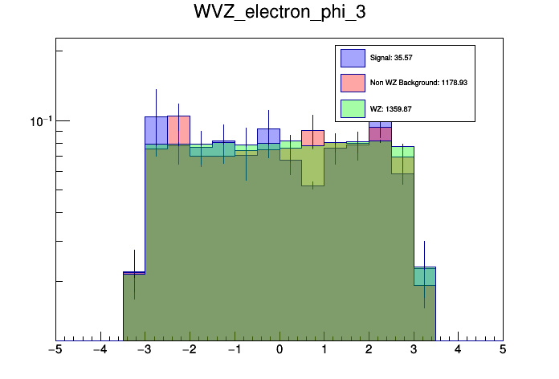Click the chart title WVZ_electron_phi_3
279,13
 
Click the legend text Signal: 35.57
391,58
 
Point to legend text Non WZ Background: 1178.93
418,82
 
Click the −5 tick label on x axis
55,350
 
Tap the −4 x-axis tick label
100,350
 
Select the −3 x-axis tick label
145,350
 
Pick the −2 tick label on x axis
189,350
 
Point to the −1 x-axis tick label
234,350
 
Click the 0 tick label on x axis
279,350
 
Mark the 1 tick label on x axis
324,350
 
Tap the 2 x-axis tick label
369,350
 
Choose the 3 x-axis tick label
414,350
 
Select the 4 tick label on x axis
458,350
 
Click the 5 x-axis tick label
503,350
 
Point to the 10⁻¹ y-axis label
38,120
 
